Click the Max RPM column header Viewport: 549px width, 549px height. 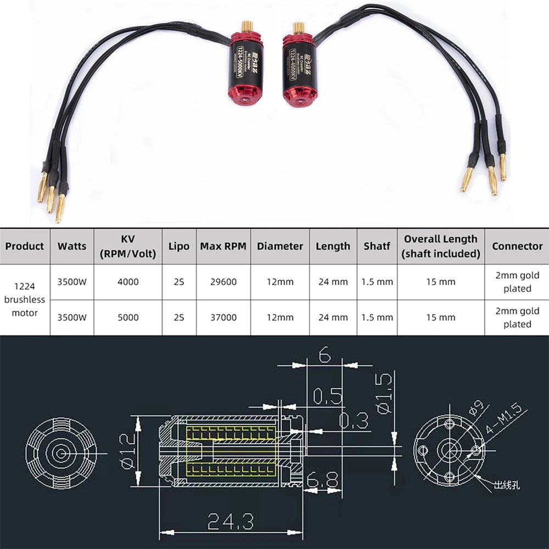point(222,246)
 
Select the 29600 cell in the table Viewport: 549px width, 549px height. point(222,282)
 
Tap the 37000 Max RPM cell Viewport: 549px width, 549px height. point(222,317)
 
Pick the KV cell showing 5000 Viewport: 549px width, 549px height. point(128,317)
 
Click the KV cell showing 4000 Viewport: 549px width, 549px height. point(128,282)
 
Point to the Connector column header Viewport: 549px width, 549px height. point(517,246)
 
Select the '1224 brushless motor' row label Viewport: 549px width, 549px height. point(25,300)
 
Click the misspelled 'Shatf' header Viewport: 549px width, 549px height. point(377,246)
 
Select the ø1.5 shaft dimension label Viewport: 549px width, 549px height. point(385,394)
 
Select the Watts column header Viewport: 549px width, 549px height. point(72,246)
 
